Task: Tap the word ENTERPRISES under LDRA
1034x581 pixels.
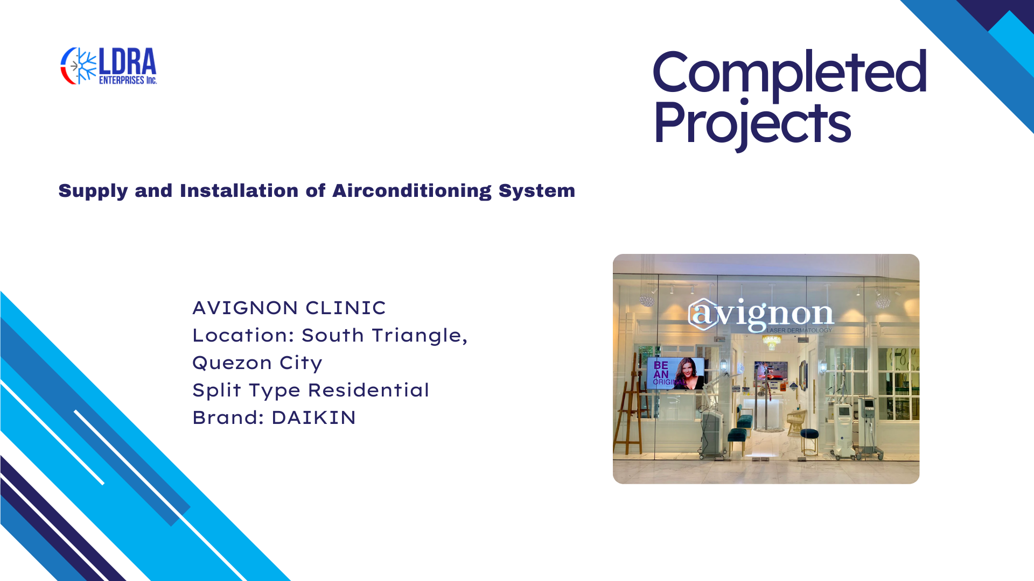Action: [122, 80]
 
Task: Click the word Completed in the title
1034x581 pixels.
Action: [790, 72]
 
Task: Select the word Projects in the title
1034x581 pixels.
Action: [752, 124]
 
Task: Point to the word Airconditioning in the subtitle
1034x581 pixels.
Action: [412, 191]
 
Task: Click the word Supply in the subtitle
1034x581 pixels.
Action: [93, 192]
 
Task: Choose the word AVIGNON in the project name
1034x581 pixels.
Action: [245, 308]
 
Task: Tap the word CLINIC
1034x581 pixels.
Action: [346, 308]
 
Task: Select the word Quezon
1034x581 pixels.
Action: [232, 363]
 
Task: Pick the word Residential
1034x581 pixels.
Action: [368, 390]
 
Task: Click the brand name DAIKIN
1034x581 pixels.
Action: [313, 417]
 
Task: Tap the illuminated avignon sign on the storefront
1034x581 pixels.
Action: [761, 314]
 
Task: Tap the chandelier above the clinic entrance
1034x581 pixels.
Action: [772, 341]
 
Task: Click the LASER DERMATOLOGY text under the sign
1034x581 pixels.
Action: [799, 330]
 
